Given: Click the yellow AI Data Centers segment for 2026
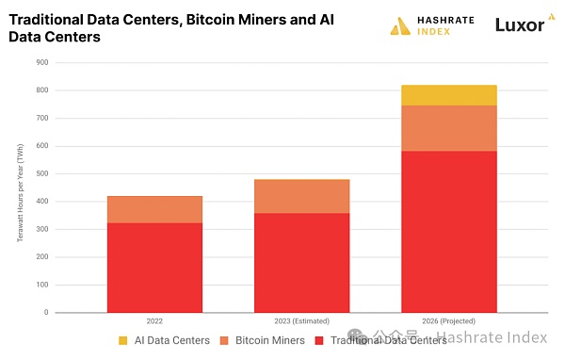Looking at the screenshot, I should tap(448, 95).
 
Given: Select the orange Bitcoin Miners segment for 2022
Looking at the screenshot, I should tap(154, 209).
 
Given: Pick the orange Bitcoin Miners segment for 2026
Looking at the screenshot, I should tap(448, 128).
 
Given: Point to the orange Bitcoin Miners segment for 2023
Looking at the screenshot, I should tap(301, 196).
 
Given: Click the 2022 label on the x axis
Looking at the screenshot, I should tap(154, 320).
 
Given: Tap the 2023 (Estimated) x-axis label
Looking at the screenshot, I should tap(301, 320).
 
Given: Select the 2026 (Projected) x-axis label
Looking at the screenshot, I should tap(448, 320).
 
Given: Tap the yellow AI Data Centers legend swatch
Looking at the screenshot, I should tap(123, 339).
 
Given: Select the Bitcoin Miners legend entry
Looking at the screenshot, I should tap(257, 339).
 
